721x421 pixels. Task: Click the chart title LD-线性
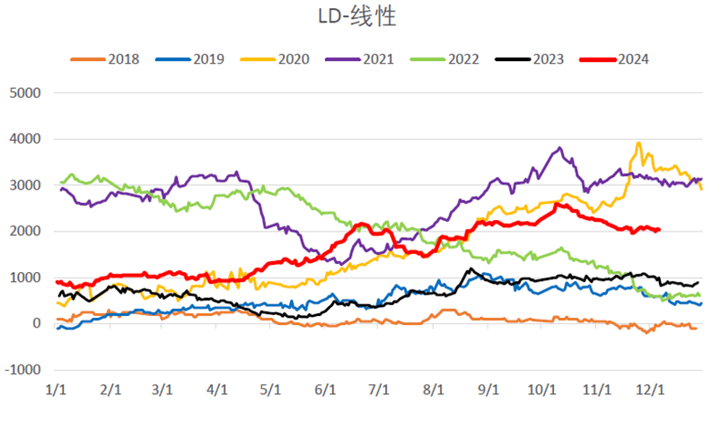pyautogui.click(x=358, y=16)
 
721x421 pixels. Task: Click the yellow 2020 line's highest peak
pyautogui.click(x=638, y=143)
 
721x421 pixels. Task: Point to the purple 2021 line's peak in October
pyautogui.click(x=560, y=148)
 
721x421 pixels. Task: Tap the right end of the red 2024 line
pyautogui.click(x=659, y=230)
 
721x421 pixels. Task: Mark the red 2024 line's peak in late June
pyautogui.click(x=362, y=224)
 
